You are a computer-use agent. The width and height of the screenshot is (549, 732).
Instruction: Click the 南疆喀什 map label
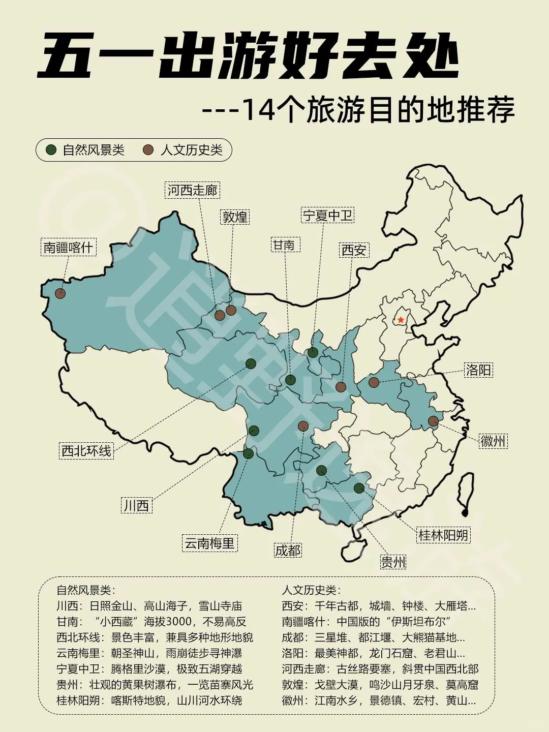click(68, 248)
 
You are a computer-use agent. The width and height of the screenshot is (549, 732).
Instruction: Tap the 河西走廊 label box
click(193, 190)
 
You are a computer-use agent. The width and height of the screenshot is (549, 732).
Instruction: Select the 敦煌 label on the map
click(235, 217)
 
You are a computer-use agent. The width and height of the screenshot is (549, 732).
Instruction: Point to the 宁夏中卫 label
click(328, 215)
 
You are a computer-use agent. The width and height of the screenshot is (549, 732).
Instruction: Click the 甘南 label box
click(284, 245)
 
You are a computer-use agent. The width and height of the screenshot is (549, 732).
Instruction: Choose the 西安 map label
click(354, 250)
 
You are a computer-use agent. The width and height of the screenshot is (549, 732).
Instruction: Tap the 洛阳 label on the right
click(479, 370)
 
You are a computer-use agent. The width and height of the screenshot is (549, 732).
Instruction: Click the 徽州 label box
click(493, 441)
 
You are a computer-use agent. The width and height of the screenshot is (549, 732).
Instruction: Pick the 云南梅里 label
click(209, 543)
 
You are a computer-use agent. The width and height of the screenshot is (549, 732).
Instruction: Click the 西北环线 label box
click(86, 450)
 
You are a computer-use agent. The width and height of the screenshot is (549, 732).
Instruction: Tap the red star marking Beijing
click(401, 320)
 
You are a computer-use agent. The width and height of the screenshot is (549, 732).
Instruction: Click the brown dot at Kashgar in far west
click(60, 293)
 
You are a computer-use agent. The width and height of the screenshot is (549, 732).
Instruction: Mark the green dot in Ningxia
click(313, 352)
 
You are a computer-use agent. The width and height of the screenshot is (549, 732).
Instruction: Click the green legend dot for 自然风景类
click(51, 150)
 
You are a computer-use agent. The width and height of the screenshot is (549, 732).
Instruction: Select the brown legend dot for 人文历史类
click(148, 150)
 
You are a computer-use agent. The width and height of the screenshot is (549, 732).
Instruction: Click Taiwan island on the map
click(466, 493)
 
